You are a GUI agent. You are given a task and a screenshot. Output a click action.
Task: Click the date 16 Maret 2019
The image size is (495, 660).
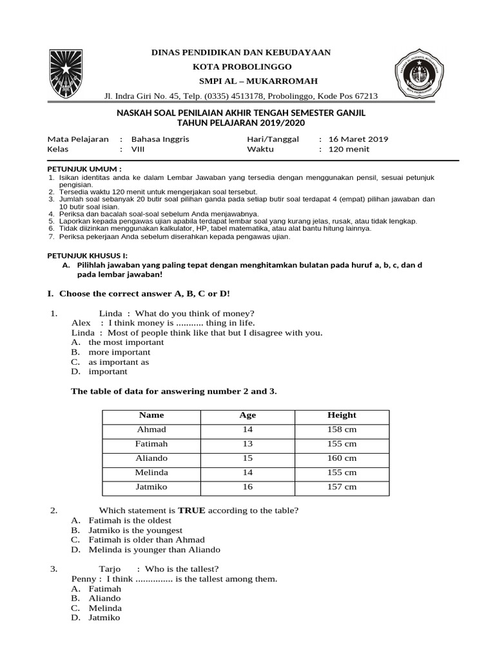pos(358,139)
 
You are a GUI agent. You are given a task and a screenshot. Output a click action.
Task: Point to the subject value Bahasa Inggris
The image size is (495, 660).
pos(160,139)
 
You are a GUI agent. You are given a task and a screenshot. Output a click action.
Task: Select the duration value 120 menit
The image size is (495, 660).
pos(349,149)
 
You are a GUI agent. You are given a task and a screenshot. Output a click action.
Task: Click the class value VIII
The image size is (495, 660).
pos(139,149)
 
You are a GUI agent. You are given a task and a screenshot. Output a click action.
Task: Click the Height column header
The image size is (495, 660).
pos(342,415)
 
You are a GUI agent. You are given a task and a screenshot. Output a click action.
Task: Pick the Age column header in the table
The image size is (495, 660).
pos(247,415)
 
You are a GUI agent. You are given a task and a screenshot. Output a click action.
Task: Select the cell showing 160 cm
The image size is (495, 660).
pos(342,458)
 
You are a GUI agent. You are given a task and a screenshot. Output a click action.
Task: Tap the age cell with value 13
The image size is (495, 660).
pos(247,444)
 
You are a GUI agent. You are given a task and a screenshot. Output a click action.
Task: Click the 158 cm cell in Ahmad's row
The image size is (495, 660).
pos(342,430)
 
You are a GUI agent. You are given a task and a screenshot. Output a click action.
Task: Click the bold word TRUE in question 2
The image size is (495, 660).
pos(191,510)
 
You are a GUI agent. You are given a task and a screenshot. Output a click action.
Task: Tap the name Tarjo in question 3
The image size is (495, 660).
pos(110,569)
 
